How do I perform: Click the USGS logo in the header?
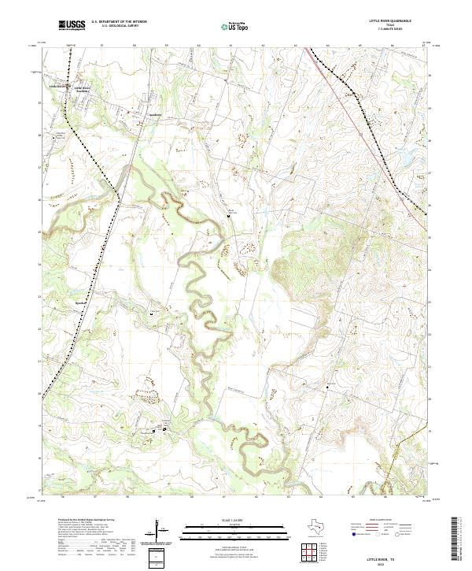click(72, 26)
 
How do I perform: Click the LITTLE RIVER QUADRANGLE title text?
click(391, 21)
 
